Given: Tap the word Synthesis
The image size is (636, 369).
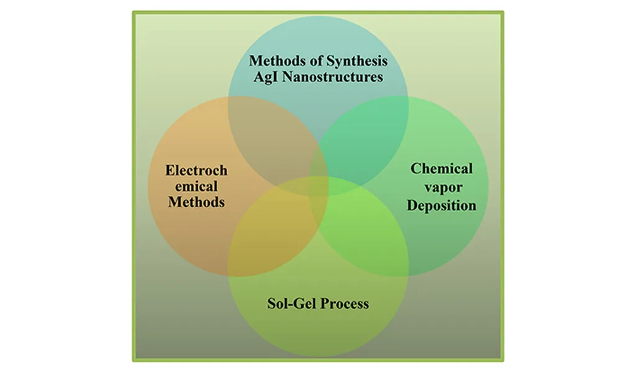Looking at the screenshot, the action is pos(357,61).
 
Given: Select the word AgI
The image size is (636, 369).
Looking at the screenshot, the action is pos(266,77).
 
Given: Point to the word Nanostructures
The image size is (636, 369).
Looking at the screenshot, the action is pos(333,76).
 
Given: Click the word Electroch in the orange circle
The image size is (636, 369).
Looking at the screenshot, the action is pos(196,170).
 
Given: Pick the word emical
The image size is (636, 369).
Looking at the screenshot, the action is pos(196,186).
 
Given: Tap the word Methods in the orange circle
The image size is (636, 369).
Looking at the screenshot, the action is pos(196,202).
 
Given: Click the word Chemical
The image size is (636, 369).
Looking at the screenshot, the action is pos(442,168).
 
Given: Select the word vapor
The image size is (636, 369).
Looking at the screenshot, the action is pos(443,188).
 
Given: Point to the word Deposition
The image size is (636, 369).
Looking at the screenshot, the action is pos(442,205).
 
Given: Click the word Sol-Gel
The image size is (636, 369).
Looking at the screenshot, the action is pos(289,304).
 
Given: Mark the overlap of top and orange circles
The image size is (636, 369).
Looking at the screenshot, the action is pos(273,142).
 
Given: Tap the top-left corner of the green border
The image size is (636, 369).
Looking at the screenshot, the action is pos(134,12).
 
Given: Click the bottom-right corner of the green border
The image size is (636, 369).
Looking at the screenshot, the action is pos(503,360).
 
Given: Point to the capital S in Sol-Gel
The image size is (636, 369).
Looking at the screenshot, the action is pos(271,304).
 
